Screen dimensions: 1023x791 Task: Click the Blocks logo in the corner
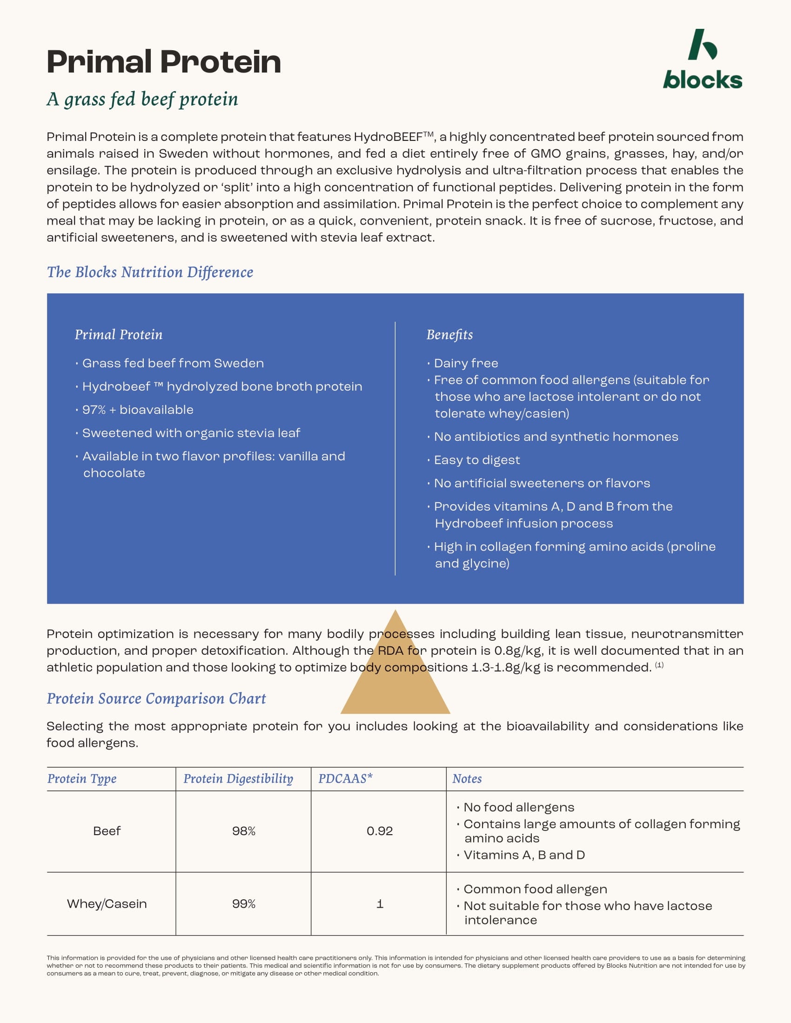tap(702, 60)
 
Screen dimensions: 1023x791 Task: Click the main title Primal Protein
tap(163, 62)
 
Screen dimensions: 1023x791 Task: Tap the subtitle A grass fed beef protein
tap(142, 100)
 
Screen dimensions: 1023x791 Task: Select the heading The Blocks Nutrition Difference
tap(150, 272)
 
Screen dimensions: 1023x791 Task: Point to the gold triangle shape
tap(395, 675)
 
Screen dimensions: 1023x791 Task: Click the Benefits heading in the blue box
tap(449, 334)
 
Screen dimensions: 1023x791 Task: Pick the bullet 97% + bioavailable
tap(137, 410)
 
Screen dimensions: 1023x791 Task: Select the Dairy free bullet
tap(466, 363)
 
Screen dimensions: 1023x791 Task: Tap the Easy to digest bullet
tap(476, 460)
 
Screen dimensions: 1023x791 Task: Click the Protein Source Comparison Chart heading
tap(156, 698)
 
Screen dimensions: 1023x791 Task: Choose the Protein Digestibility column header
tap(238, 778)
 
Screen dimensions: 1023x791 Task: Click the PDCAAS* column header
tap(345, 778)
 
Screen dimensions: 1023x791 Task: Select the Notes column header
tap(467, 778)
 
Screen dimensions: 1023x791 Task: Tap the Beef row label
tap(107, 831)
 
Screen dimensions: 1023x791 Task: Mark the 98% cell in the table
tap(244, 831)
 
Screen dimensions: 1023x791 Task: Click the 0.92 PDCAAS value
tap(380, 831)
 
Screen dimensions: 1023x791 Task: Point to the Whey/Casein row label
tap(107, 903)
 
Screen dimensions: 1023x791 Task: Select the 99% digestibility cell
tap(244, 903)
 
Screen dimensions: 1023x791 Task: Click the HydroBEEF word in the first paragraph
tap(388, 137)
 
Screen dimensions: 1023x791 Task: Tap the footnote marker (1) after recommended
tap(659, 665)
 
